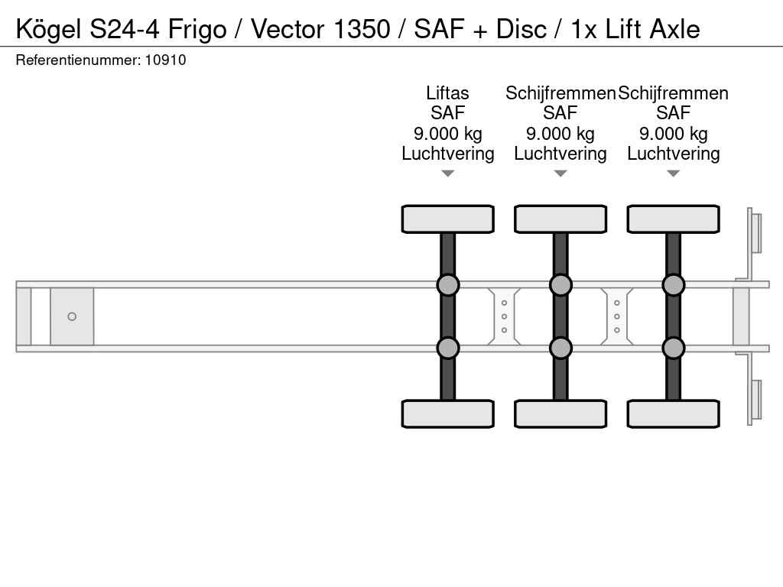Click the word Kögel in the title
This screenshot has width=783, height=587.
pos(48,29)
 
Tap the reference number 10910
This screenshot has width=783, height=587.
pos(165,60)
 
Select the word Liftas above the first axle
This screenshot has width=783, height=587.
pos(447,93)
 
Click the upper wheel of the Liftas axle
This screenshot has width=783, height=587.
pos(447,219)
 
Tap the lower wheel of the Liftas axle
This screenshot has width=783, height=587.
pos(447,413)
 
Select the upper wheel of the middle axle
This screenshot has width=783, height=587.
pos(560,219)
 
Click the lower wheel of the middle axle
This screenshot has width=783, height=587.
pos(560,413)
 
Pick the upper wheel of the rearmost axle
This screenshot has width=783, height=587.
pos(673,219)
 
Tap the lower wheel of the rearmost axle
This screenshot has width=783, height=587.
pos(673,413)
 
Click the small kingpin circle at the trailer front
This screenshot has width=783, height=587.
pos(72,316)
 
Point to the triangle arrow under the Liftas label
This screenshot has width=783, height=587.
pos(447,174)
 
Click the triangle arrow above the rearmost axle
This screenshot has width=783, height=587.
pos(673,174)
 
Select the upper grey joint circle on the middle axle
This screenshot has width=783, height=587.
pos(560,285)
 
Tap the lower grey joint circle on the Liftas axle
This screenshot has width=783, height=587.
pos(447,348)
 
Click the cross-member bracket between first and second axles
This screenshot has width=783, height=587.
pos(504,316)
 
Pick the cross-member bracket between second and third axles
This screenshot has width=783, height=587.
pos(617,316)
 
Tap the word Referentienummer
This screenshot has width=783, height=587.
pos(77,60)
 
